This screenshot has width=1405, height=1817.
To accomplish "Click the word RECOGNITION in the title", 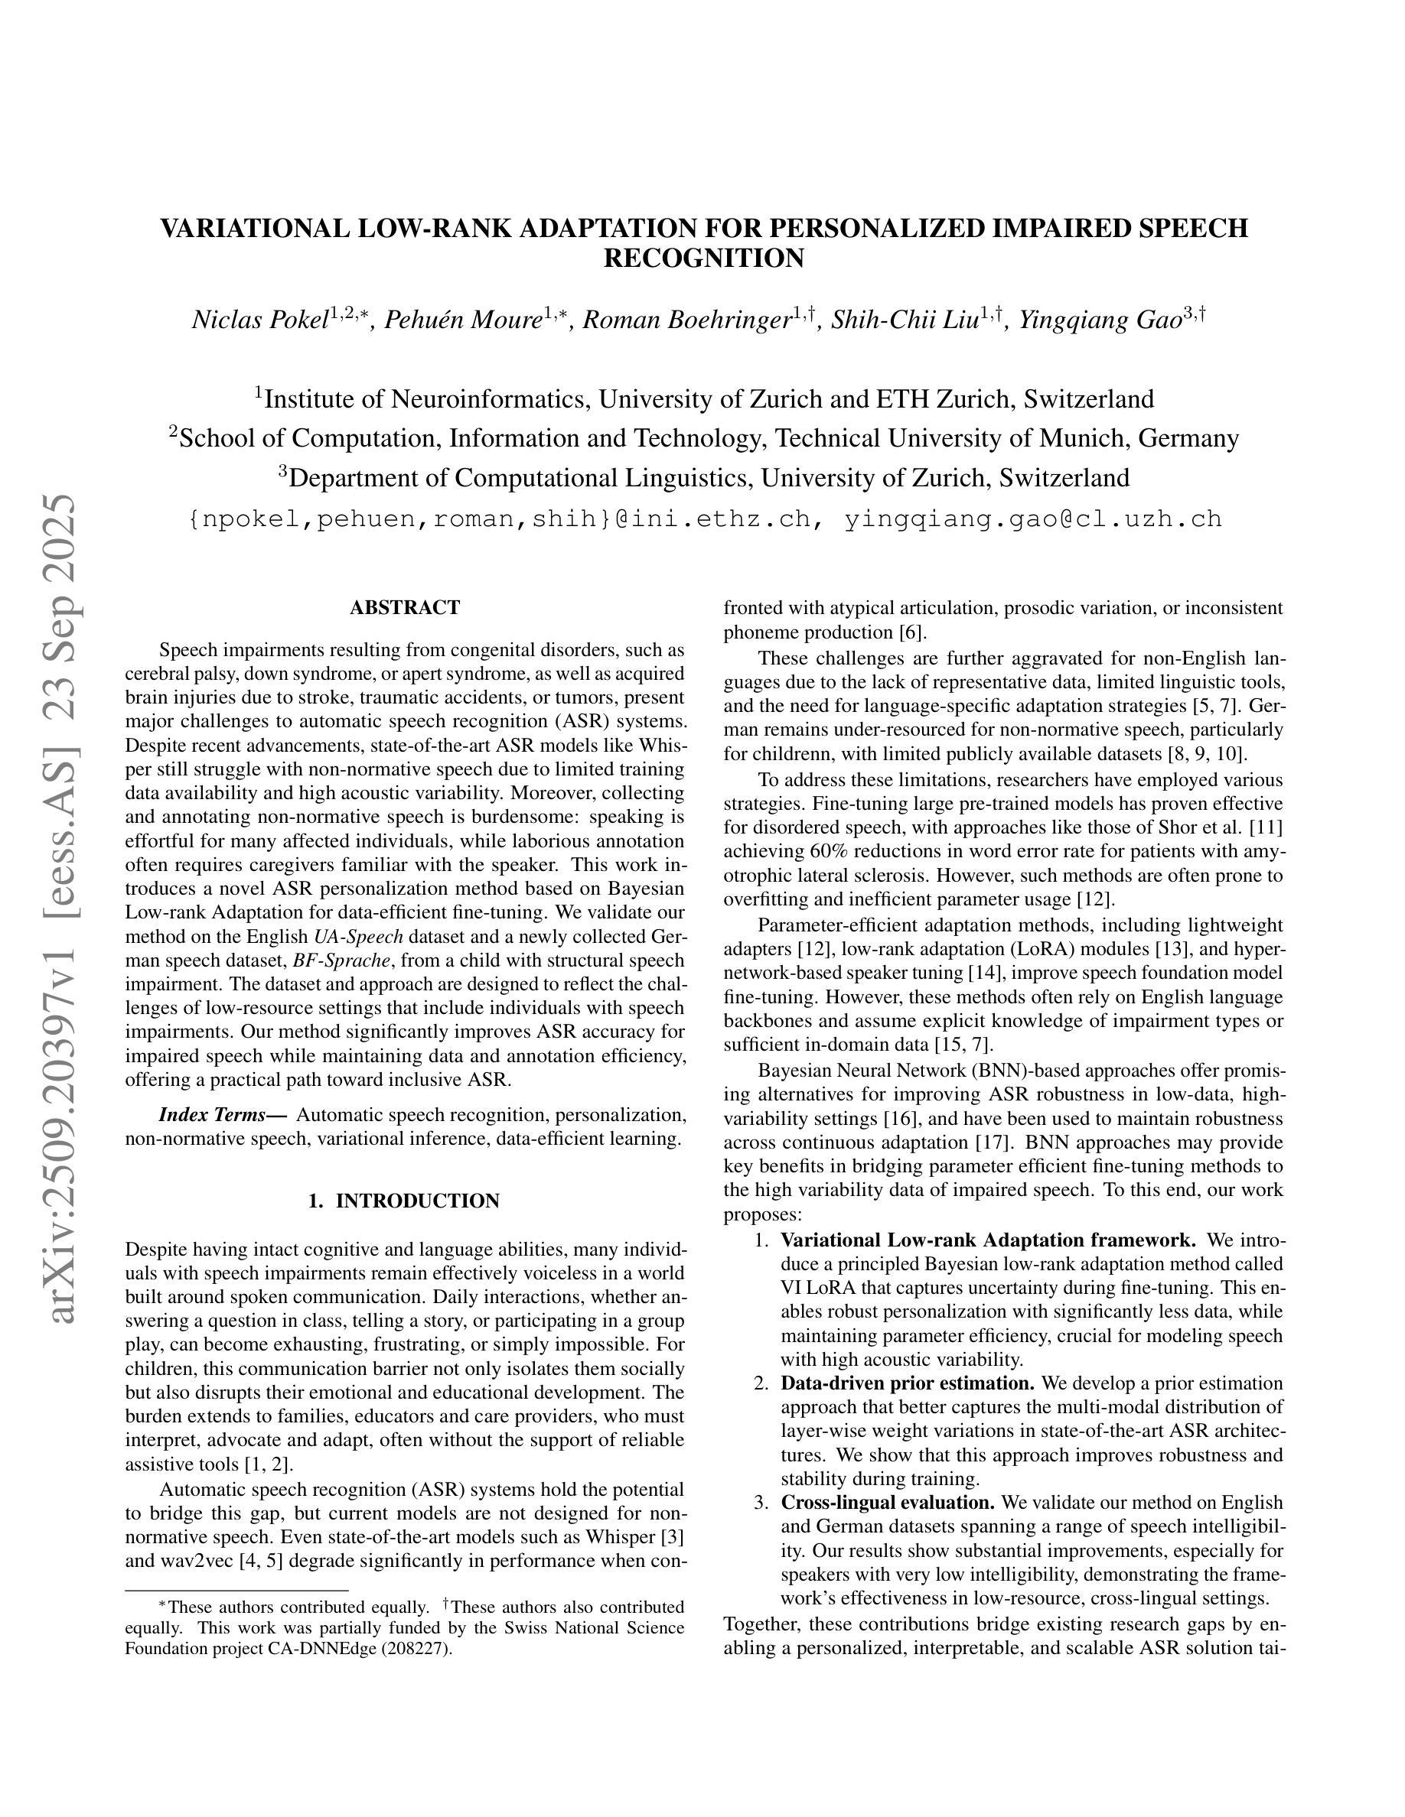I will point(703,258).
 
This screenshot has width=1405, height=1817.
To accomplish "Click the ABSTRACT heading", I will point(405,607).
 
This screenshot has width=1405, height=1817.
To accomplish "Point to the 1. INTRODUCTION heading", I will point(404,1201).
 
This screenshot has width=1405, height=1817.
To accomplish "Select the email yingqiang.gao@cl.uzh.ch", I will point(1033,519).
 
